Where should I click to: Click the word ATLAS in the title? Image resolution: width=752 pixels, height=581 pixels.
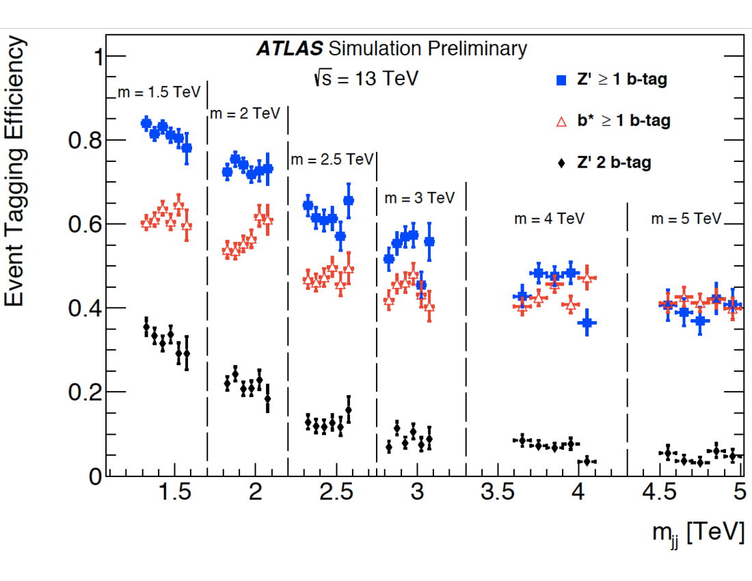[289, 49]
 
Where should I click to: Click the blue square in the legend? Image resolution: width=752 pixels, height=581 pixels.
[561, 80]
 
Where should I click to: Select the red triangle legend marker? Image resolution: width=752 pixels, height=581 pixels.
[561, 122]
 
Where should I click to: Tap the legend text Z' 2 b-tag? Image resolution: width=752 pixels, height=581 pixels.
[615, 163]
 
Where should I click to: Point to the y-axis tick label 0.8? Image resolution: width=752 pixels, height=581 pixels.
[85, 141]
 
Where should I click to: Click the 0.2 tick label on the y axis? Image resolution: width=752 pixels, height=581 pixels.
[85, 392]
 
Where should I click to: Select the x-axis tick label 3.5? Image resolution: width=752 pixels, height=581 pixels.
[497, 493]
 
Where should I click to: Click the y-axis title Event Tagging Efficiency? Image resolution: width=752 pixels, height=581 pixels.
[16, 172]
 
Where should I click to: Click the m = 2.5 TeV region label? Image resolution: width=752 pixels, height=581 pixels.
[332, 159]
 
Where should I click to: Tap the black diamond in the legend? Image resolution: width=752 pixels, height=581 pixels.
[561, 163]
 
